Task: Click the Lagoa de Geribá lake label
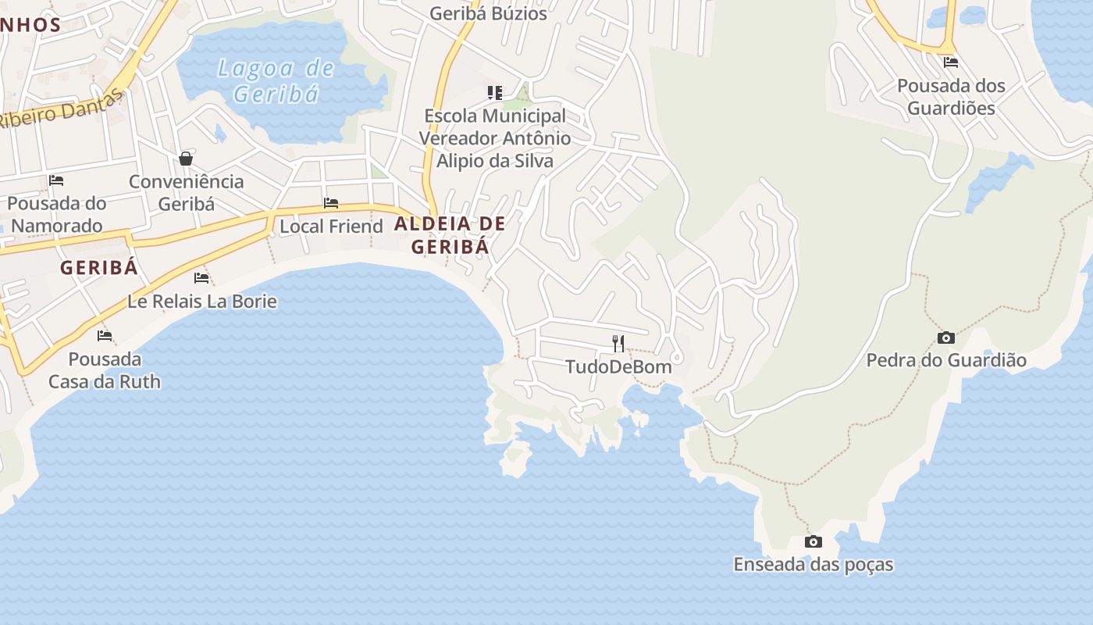coord(276,81)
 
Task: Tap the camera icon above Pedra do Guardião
coord(945,337)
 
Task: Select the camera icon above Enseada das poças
coord(813,541)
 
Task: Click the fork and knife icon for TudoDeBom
coord(618,343)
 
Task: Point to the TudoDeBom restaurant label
coord(618,366)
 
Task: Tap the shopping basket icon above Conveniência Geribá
coord(186,159)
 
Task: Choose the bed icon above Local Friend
coord(331,203)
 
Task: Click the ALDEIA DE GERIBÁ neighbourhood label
coord(450,235)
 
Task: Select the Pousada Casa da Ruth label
coord(105,370)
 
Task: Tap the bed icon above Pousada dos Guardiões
coord(950,62)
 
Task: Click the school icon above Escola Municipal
coord(494,93)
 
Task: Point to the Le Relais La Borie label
coord(201,301)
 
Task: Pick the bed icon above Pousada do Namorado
coord(56,180)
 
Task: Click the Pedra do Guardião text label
coord(946,360)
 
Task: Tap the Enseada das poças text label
coord(813,564)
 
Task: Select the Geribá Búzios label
coord(488,13)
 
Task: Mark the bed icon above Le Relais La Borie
coord(201,277)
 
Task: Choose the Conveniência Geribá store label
coord(186,192)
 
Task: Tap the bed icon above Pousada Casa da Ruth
coord(105,336)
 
